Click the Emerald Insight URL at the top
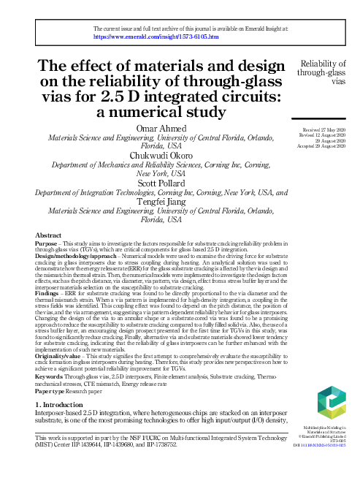pos(156,36)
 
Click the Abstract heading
pos(49,234)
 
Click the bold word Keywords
pos(53,390)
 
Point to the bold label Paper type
pos(53,404)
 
